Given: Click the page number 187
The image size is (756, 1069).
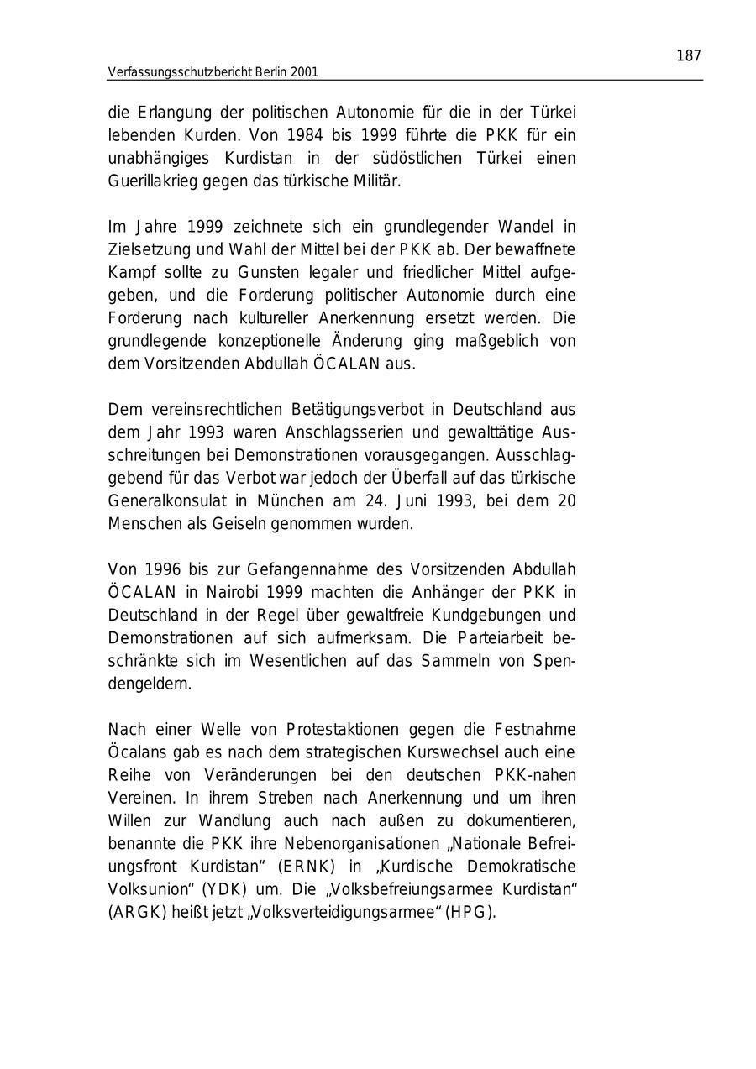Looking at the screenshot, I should pyautogui.click(x=688, y=56).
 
